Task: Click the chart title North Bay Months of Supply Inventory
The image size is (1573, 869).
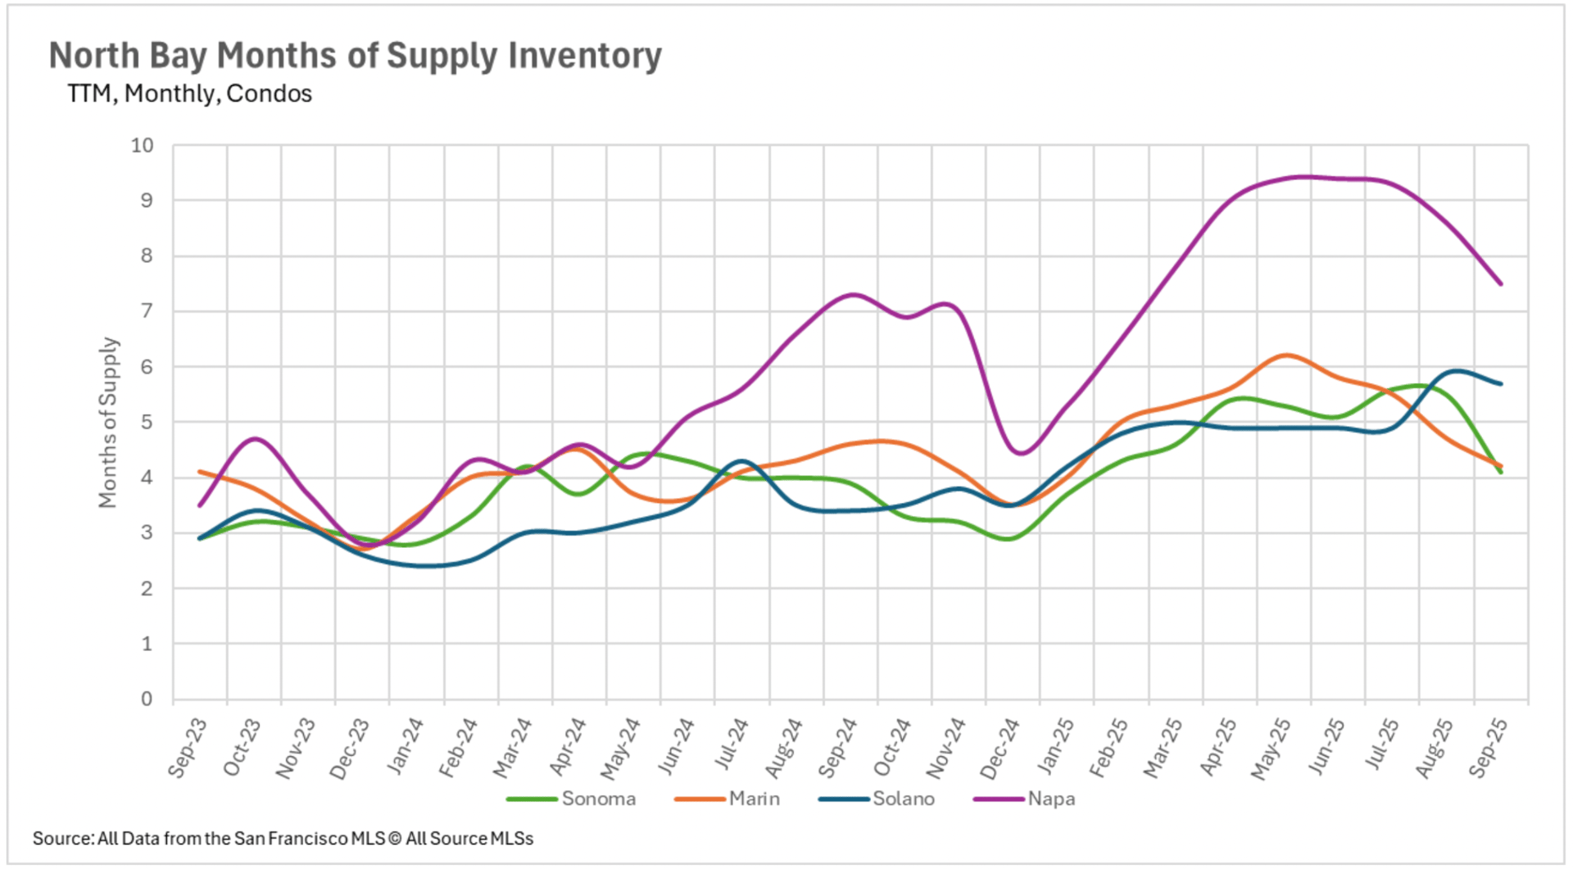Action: [355, 56]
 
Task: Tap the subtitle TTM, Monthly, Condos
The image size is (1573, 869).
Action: [189, 94]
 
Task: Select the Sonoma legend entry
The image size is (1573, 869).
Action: [598, 799]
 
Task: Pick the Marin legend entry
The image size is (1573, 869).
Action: [754, 799]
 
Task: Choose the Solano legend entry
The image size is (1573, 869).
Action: [903, 799]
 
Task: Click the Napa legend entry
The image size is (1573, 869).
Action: [1051, 799]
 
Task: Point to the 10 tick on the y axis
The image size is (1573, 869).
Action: [142, 146]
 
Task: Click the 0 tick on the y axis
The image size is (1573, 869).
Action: [147, 699]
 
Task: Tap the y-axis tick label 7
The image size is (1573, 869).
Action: [147, 311]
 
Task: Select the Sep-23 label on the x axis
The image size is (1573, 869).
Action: [188, 747]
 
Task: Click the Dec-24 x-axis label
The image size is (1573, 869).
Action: [1000, 748]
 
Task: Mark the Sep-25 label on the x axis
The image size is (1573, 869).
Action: [1488, 747]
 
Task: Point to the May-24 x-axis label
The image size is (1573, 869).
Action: [621, 748]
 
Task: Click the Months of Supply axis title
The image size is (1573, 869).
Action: [108, 423]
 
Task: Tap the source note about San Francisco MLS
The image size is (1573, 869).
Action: [283, 839]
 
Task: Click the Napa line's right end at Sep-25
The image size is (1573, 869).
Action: [1501, 284]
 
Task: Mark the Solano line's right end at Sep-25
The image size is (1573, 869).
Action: [1501, 383]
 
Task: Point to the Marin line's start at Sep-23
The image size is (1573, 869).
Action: [200, 472]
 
